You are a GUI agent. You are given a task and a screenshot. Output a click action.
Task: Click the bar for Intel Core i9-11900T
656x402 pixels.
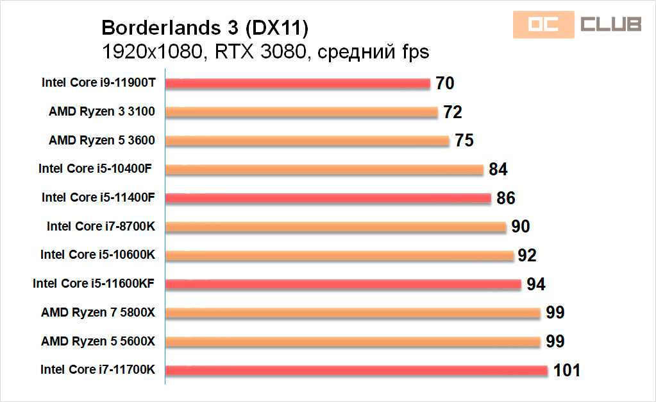(x=298, y=83)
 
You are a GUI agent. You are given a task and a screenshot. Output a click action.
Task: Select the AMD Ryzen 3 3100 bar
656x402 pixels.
(x=301, y=112)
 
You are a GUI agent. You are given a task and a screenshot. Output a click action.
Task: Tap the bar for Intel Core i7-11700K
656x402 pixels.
(x=357, y=370)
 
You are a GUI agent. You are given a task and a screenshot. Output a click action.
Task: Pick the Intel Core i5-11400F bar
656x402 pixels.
(x=328, y=198)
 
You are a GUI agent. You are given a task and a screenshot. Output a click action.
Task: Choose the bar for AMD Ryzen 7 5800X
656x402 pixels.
(x=353, y=313)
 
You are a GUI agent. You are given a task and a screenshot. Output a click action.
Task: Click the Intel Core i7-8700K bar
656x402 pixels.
(x=335, y=227)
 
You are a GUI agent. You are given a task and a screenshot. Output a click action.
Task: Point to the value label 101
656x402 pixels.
(x=566, y=370)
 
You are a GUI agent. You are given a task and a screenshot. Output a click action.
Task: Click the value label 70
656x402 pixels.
(x=444, y=83)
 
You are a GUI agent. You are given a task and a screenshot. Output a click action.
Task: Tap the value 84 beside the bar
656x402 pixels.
(x=498, y=170)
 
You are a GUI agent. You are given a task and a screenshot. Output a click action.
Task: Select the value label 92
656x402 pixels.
(x=526, y=255)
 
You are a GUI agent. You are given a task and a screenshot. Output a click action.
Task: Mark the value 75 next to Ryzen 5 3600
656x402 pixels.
(x=464, y=141)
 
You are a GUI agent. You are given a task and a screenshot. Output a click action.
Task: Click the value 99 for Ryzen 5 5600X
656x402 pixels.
(x=555, y=341)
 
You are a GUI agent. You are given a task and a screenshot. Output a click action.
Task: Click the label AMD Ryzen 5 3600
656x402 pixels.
(x=102, y=140)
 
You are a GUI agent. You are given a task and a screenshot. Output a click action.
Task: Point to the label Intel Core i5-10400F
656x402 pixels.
(x=97, y=169)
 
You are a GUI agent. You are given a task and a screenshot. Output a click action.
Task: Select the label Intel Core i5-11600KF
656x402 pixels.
(x=94, y=283)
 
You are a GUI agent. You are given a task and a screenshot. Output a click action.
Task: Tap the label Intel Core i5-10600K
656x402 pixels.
(x=97, y=254)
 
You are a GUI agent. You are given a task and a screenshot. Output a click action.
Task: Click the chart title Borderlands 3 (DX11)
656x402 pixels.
(x=205, y=28)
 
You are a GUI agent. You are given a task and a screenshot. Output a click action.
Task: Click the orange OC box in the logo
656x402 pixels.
(x=542, y=24)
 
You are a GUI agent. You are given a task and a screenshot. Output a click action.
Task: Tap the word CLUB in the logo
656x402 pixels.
(x=610, y=24)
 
